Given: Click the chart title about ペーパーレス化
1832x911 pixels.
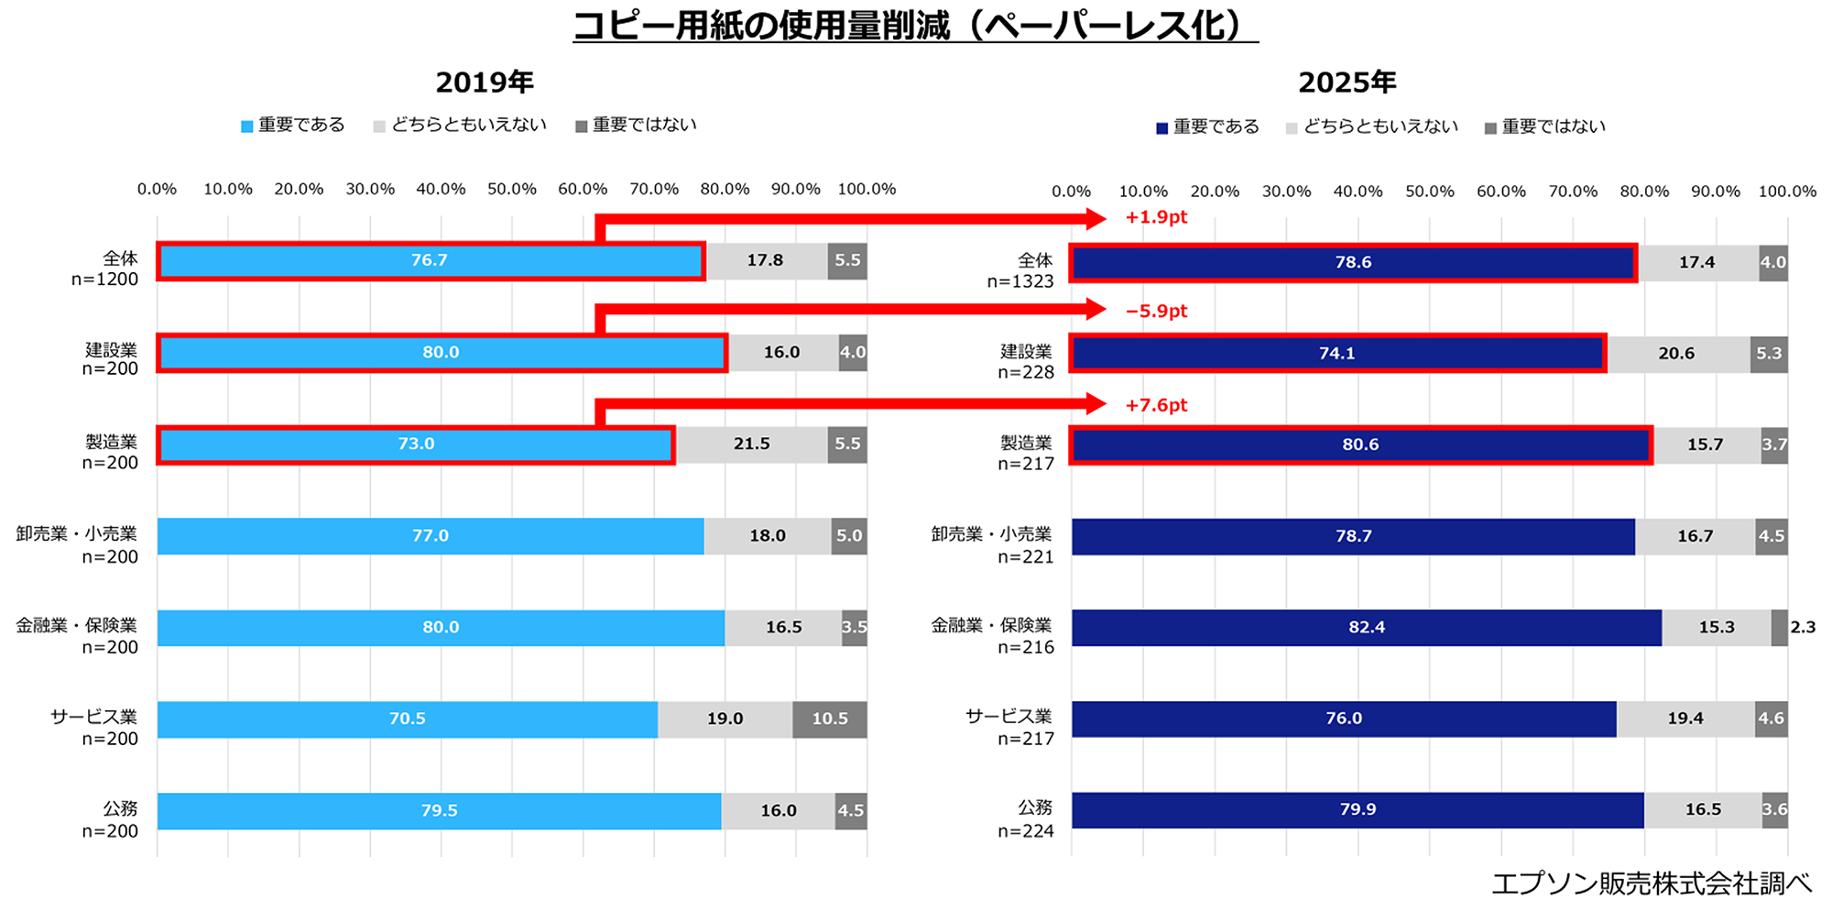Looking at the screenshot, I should click(915, 26).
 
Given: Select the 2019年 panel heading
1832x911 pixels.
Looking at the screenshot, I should click(485, 82).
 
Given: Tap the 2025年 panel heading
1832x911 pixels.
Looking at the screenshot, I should click(1347, 82).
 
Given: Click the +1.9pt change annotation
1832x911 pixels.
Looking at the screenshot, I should click(1156, 217).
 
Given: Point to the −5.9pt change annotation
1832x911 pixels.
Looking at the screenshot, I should click(1156, 311).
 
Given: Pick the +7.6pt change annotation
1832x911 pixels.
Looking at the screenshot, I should click(1156, 405).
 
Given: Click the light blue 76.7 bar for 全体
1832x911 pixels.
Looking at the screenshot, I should click(431, 261).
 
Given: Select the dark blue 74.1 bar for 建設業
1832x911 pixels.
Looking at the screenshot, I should click(1337, 354).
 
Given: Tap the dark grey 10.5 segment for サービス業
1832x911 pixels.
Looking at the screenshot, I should click(829, 719).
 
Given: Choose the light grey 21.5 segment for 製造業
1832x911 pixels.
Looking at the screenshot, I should click(751, 445).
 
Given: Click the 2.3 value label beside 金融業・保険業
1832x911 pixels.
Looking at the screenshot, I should click(1802, 628).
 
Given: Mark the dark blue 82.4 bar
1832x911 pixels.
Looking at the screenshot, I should click(1366, 628).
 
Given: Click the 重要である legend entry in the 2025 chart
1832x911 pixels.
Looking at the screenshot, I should click(1207, 126).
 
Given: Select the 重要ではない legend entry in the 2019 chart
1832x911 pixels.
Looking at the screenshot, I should click(636, 125).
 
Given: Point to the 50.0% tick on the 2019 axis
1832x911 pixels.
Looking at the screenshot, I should click(512, 190).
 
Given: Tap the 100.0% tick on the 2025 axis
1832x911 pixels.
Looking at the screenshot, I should click(1786, 192).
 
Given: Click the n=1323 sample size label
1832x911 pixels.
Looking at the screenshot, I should click(1020, 281).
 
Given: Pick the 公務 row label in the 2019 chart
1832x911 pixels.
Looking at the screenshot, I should click(120, 808).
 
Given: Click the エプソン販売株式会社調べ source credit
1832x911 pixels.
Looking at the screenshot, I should click(1651, 884).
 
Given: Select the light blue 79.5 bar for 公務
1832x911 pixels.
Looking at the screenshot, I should click(439, 811).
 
